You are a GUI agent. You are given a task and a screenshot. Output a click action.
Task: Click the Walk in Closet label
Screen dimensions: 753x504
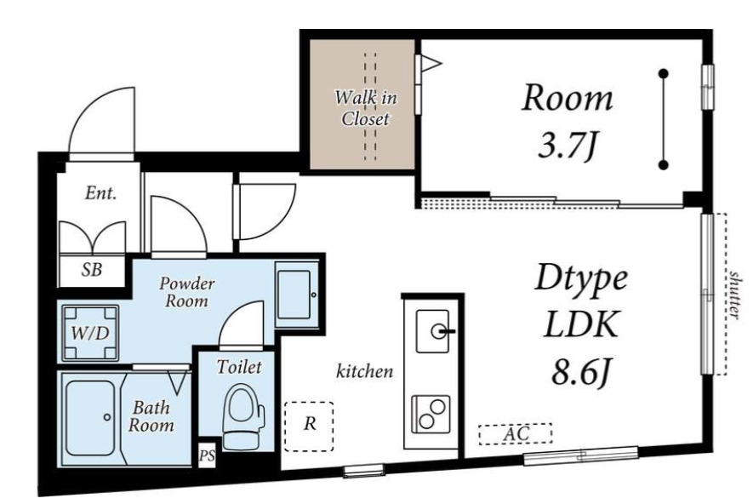pos(366,107)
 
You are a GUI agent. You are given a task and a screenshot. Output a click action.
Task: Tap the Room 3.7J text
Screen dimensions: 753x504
pos(568,121)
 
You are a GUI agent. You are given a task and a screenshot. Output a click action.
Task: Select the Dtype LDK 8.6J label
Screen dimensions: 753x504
pos(580,325)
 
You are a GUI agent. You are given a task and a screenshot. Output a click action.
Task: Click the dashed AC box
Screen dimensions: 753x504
pos(516,433)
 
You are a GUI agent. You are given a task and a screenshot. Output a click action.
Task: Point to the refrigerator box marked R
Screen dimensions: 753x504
pos(309,427)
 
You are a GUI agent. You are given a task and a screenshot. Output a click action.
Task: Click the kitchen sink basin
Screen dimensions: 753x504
pos(432,331)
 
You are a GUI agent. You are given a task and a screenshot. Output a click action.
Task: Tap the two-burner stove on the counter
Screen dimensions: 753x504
pos(431,414)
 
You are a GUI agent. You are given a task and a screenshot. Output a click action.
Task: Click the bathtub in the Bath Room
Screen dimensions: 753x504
pos(90,417)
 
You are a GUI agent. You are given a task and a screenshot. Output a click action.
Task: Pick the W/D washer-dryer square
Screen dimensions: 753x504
pos(90,333)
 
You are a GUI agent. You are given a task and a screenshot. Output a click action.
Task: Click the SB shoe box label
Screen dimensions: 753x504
pos(91,270)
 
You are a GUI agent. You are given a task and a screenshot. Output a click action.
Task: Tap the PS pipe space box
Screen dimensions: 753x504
pos(207,455)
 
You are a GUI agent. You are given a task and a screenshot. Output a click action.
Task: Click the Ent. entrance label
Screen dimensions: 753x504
pos(101,193)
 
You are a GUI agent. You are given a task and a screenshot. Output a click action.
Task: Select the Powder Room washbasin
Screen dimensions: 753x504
pos(294,295)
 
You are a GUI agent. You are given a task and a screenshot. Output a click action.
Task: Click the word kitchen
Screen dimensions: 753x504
pos(364,371)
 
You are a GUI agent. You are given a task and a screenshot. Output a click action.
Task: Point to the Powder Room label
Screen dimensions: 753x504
pos(187,292)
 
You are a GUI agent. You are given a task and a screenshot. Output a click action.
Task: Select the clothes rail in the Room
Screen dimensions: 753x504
pos(664,119)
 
